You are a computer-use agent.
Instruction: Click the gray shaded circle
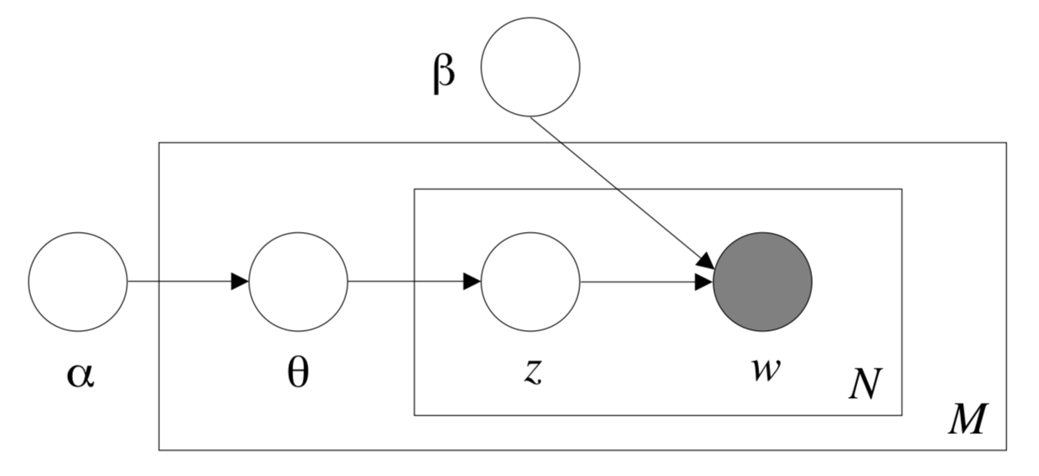pyautogui.click(x=762, y=282)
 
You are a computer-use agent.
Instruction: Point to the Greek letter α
pyautogui.click(x=80, y=375)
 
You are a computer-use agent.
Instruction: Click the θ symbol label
pyautogui.click(x=297, y=373)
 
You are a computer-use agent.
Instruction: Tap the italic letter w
pyautogui.click(x=766, y=370)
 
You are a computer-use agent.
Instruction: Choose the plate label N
pyautogui.click(x=866, y=383)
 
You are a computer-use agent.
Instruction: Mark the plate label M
pyautogui.click(x=968, y=418)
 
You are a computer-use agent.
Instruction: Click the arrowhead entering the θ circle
pyautogui.click(x=240, y=281)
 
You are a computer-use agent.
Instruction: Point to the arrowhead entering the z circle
pyautogui.click(x=472, y=281)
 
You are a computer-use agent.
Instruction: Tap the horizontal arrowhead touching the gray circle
pyautogui.click(x=703, y=282)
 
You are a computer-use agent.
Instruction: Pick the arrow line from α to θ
pyautogui.click(x=189, y=281)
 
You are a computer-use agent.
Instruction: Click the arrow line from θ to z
pyautogui.click(x=414, y=281)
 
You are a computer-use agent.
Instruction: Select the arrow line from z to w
pyautogui.click(x=647, y=282)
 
